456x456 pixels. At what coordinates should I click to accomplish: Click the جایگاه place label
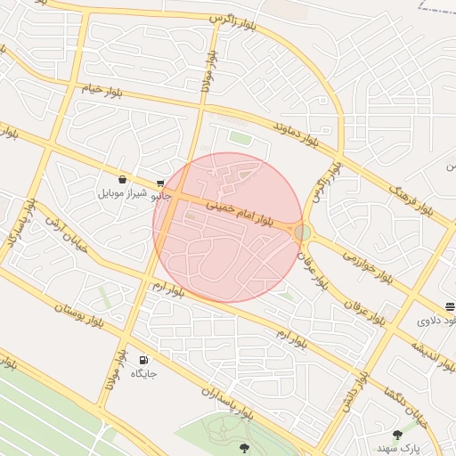143,373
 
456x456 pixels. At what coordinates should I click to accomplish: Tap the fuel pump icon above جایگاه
143,360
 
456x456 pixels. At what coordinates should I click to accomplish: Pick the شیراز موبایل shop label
118,192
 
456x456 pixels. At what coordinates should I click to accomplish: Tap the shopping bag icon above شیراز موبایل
122,179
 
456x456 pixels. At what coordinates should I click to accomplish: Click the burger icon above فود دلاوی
450,306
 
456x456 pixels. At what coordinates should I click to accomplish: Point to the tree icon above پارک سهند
397,436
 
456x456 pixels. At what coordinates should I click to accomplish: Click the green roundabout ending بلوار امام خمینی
303,232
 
